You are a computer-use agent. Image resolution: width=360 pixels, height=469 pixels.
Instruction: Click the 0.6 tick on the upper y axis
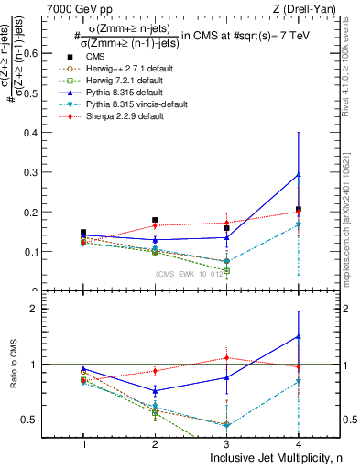(39, 53)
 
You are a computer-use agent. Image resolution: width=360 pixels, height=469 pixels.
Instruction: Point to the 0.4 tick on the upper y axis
(39, 133)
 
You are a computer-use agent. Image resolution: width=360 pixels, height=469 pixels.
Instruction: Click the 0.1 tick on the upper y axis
(39, 252)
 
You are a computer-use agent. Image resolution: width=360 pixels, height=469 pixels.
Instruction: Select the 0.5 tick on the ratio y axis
(39, 420)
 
